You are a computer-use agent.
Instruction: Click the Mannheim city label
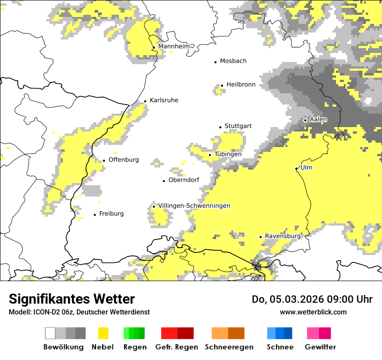coord(174,46)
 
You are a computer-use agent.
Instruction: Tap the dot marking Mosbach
coord(215,62)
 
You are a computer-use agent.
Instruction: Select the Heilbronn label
coord(241,85)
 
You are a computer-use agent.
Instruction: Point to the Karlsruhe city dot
coord(145,101)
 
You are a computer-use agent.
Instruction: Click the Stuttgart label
coord(238,126)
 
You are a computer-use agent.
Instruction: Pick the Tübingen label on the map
coord(228,154)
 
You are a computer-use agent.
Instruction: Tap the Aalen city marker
coord(305,120)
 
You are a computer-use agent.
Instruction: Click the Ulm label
coord(306,167)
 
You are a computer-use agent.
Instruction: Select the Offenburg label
coord(124,160)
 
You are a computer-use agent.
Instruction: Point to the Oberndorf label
coord(184,180)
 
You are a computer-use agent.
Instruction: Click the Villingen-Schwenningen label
coord(194,206)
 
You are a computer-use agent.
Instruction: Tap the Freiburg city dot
coord(95,215)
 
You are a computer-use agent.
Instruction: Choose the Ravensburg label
coord(283,236)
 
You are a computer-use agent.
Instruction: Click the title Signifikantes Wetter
coord(72,299)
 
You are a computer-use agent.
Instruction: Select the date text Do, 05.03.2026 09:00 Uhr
coord(312,299)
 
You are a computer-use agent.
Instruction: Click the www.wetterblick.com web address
coord(313,312)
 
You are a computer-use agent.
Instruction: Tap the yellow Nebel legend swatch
coord(103,333)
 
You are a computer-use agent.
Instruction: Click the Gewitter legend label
coord(320,347)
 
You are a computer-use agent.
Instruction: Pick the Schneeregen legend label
coord(229,347)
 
